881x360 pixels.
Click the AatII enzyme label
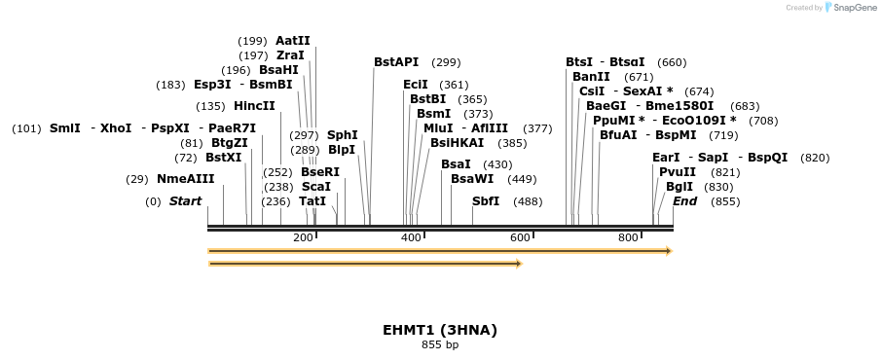click(292, 41)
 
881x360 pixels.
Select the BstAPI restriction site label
click(396, 62)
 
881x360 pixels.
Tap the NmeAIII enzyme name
click(185, 179)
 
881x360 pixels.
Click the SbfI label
click(485, 201)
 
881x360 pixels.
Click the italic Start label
click(185, 201)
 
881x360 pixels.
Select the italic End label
click(684, 201)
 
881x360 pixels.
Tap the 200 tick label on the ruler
click(303, 238)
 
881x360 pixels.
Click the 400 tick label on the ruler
click(411, 238)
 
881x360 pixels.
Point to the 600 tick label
click(520, 238)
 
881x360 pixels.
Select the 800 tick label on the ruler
click(628, 238)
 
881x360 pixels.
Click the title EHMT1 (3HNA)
click(440, 330)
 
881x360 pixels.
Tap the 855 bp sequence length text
click(440, 344)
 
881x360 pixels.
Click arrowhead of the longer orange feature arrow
click(668, 251)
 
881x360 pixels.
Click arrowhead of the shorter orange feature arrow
click(519, 263)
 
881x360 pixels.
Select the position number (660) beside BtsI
click(672, 62)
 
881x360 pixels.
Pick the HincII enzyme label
click(254, 106)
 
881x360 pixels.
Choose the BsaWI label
click(472, 179)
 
